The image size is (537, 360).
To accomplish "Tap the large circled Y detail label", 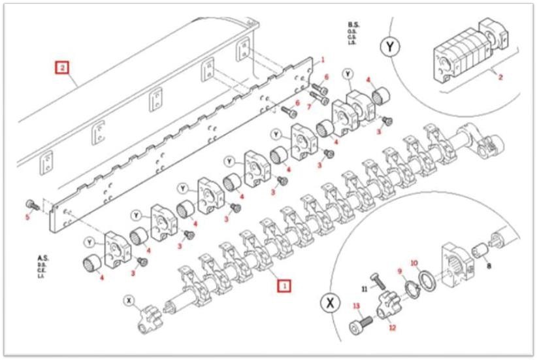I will tap(390, 46).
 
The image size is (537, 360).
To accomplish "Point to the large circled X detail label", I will tap(330, 304).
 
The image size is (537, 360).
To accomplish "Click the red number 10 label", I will tap(414, 263).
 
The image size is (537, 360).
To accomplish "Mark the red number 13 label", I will tap(357, 306).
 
